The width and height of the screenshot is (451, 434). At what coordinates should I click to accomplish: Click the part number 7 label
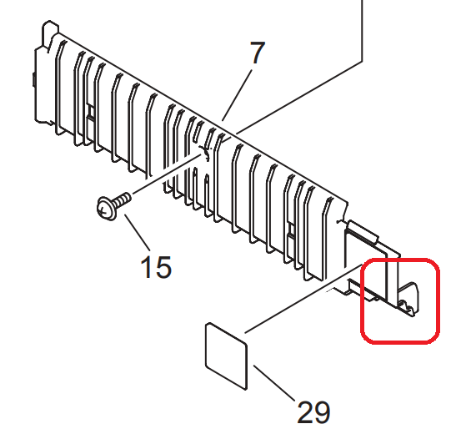tap(257, 53)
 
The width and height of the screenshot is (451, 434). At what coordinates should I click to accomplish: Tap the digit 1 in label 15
tap(147, 267)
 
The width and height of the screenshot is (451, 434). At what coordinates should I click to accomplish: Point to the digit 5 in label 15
tap(163, 267)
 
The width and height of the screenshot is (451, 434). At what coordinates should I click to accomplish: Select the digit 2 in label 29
tap(305, 412)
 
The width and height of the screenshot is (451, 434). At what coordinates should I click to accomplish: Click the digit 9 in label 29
tap(323, 412)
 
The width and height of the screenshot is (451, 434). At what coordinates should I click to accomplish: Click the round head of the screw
tap(106, 209)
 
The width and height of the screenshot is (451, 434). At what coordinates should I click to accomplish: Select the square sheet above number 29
tap(227, 356)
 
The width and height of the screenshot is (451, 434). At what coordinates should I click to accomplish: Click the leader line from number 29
tap(274, 383)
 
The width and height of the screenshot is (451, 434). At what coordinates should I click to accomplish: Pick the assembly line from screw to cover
tap(167, 174)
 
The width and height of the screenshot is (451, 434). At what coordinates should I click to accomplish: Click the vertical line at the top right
tap(362, 31)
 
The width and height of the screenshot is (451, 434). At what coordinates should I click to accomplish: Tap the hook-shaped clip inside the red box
tap(408, 300)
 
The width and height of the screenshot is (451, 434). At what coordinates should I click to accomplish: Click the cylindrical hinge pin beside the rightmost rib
tap(363, 230)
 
